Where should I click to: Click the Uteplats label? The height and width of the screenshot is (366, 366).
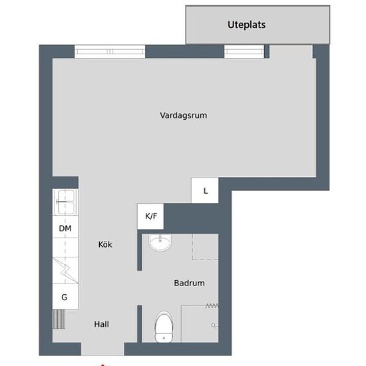point(246,25)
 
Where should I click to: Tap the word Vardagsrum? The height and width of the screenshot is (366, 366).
point(184,115)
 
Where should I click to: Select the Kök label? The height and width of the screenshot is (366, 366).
point(105,244)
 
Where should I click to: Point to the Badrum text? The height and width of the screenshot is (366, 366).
point(189,283)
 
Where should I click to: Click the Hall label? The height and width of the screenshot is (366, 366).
point(102,324)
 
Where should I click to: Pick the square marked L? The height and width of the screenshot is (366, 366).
point(205,190)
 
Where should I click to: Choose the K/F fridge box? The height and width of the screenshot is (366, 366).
point(150,216)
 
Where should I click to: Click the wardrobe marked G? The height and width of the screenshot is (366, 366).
point(65,297)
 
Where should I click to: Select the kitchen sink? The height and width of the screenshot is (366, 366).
point(66,202)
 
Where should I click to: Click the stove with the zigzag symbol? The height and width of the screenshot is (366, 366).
point(65,270)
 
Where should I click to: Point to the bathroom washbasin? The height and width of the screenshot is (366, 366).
point(160,242)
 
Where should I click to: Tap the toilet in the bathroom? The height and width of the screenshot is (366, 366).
point(164,327)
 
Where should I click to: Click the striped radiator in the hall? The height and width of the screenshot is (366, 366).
point(59,319)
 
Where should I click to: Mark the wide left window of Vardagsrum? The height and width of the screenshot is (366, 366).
point(110,51)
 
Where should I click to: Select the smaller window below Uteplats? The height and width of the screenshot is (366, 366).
point(244,51)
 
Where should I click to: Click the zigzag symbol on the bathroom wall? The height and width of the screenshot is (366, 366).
point(212,305)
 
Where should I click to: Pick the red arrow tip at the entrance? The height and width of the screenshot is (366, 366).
point(102,365)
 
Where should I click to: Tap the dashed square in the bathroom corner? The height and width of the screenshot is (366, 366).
point(206,247)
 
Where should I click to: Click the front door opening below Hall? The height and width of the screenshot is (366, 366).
point(102,349)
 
